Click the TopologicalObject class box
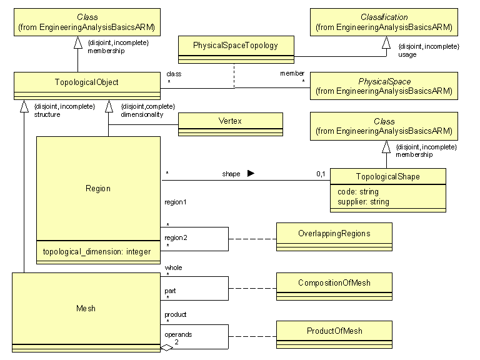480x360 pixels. (86, 82)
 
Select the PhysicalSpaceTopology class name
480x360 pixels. (235, 46)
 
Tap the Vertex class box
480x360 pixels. (230, 121)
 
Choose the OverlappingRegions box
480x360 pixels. (334, 233)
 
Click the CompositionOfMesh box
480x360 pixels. (334, 282)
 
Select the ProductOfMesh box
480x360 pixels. (334, 331)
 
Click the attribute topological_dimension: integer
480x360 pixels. (97, 252)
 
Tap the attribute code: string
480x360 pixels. (354, 192)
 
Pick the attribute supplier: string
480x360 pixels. (359, 201)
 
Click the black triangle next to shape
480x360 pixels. (251, 174)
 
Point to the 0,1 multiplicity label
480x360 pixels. (320, 174)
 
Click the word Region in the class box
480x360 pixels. (97, 188)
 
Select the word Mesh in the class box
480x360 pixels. (86, 308)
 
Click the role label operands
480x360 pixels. (178, 334)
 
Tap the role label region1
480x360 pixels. (176, 202)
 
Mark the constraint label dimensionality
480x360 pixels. (141, 114)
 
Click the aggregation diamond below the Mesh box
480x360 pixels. (166, 348)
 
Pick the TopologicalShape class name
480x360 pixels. (387, 177)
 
